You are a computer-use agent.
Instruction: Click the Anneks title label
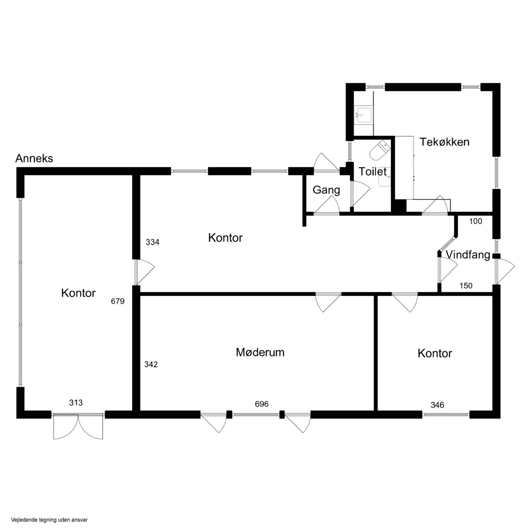[34, 158]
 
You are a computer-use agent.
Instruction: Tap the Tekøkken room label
[444, 142]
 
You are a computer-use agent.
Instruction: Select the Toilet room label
[373, 171]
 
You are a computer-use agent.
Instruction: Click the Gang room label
[326, 190]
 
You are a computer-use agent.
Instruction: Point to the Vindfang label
[468, 255]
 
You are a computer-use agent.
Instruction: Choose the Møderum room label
[260, 352]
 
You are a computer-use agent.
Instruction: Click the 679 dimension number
[118, 301]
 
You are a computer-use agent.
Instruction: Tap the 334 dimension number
[153, 242]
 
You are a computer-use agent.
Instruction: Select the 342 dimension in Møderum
[151, 365]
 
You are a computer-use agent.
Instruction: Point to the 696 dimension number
[262, 404]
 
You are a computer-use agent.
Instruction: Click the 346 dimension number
[437, 405]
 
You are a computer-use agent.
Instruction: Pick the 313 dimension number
[76, 403]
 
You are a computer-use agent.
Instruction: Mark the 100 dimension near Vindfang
[475, 221]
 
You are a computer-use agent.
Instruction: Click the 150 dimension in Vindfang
[466, 286]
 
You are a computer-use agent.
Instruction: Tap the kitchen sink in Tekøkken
[364, 115]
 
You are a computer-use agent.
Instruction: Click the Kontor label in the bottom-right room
[435, 354]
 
